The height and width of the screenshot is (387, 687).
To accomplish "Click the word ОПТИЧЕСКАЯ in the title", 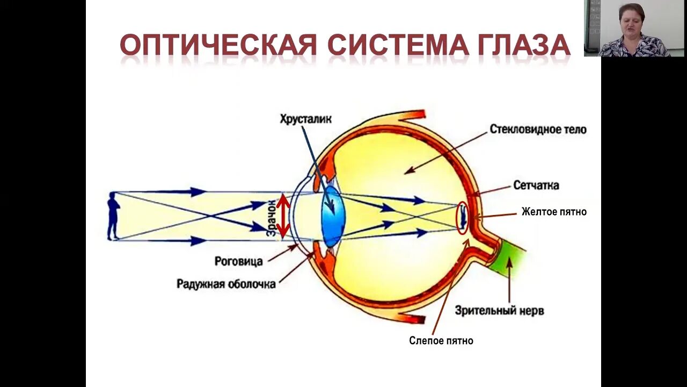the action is [218, 45].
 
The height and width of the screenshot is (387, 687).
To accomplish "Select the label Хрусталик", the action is [305, 119].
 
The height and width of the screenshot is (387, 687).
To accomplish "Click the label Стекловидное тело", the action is [538, 130].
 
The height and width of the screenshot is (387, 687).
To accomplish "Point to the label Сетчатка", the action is [536, 185].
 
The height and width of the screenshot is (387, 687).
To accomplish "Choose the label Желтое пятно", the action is [554, 212].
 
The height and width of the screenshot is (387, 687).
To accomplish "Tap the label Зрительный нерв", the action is [499, 311].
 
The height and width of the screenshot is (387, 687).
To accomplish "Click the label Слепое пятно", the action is [441, 340].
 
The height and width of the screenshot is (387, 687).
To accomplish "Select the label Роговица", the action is [238, 262].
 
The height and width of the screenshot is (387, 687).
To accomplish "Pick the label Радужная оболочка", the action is [226, 284].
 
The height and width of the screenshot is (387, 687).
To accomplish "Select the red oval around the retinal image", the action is [462, 218].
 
